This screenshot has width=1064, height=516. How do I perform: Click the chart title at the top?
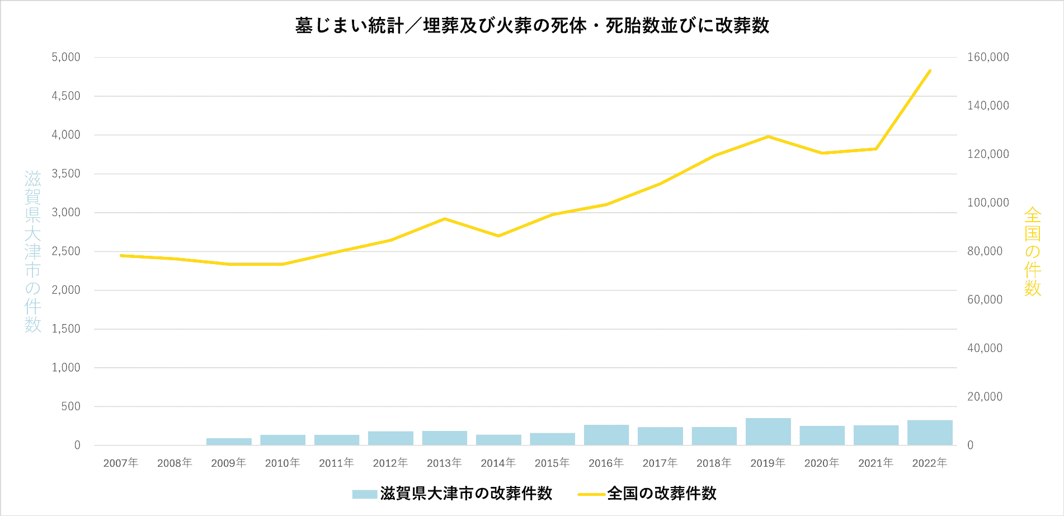532,26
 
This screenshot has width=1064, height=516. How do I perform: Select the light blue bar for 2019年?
768,431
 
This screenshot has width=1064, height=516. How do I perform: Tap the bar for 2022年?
930,433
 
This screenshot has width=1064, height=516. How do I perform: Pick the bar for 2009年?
229,442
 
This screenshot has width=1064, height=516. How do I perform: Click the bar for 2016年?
606,435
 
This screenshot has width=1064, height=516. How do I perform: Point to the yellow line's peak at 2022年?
930,71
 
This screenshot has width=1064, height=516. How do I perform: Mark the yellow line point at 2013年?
444,219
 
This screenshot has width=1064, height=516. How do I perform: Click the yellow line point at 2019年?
768,137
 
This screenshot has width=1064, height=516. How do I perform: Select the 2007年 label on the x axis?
121,463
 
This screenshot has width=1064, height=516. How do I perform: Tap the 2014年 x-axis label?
498,463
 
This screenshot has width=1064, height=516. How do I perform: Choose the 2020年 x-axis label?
822,463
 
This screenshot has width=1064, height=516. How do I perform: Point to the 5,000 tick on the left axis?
66,57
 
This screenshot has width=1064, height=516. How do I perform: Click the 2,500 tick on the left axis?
66,251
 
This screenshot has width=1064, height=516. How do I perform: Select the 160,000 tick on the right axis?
988,57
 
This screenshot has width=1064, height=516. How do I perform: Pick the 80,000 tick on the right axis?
985,251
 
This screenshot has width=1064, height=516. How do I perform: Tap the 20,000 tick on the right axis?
985,397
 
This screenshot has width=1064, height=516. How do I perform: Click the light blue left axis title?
32,251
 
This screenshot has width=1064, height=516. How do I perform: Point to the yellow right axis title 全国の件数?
1032,251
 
